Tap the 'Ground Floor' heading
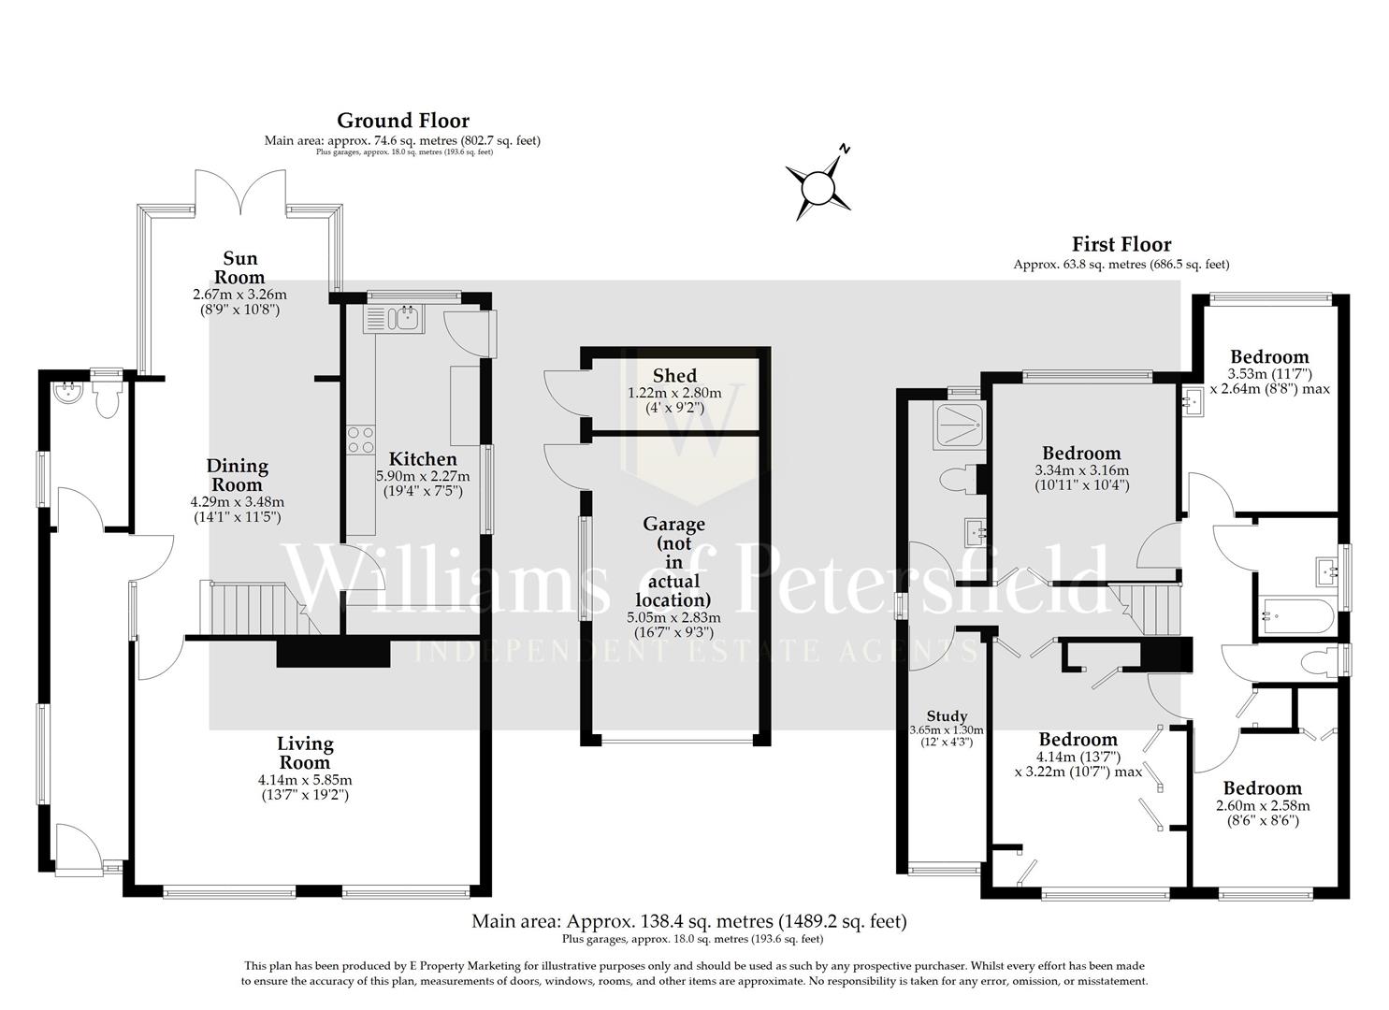pyautogui.click(x=402, y=121)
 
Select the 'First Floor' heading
pyautogui.click(x=1121, y=245)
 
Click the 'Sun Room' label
pyautogui.click(x=239, y=267)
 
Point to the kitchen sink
pyautogui.click(x=406, y=318)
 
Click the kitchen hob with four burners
pyautogui.click(x=361, y=440)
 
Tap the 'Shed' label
pyautogui.click(x=674, y=376)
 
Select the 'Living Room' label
pyautogui.click(x=305, y=753)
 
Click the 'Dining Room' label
pyautogui.click(x=237, y=475)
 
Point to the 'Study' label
pyautogui.click(x=946, y=716)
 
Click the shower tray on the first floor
pyautogui.click(x=953, y=425)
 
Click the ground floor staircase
pyautogui.click(x=252, y=608)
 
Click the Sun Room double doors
pyautogui.click(x=240, y=193)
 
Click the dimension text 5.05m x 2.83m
pyautogui.click(x=673, y=618)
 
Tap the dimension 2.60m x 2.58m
pyautogui.click(x=1262, y=806)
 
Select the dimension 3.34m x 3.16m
pyautogui.click(x=1081, y=470)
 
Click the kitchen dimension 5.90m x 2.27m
pyautogui.click(x=423, y=476)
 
